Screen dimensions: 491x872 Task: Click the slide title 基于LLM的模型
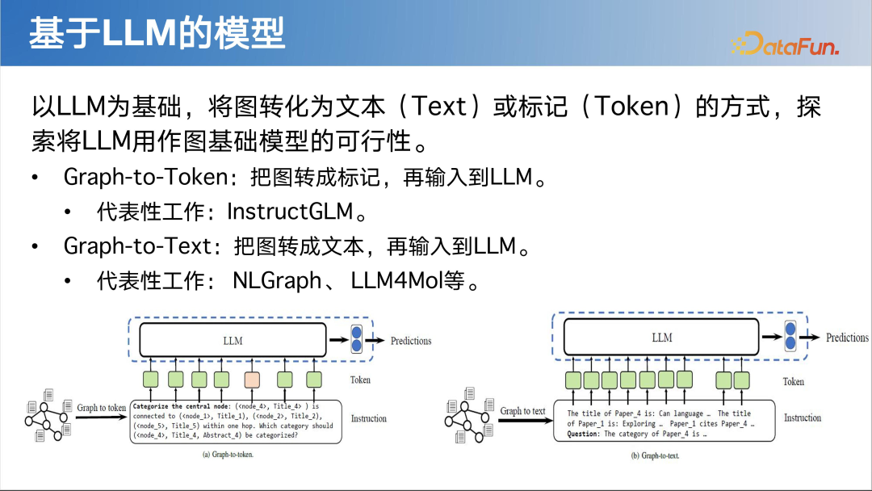pos(157,34)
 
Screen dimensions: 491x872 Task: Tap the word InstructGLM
pos(291,212)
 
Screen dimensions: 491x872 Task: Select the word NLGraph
pos(277,281)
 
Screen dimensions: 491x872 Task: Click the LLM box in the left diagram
pos(233,340)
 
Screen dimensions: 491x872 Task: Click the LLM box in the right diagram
pos(661,337)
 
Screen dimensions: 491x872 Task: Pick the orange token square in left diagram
pos(253,380)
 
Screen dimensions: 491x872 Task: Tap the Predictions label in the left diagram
pos(411,341)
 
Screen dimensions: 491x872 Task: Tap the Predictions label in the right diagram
pos(847,338)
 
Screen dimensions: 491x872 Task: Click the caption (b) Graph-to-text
pos(655,455)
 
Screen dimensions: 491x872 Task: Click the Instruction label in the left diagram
pos(368,418)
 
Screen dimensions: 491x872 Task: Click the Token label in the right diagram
pos(794,381)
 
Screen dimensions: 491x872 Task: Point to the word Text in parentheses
pos(440,107)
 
